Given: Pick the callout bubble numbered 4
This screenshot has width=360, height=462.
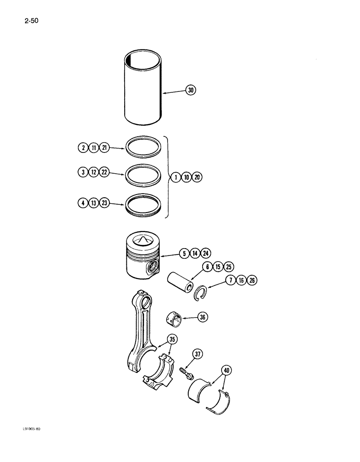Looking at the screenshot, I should pos(82,202).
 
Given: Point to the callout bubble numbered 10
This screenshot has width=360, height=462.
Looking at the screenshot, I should pos(187,177).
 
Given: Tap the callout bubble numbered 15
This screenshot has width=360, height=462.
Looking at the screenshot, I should pos(218,267).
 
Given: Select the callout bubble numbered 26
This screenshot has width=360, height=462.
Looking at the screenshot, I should pos(252,280).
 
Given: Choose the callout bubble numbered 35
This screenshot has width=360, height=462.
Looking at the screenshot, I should pos(172,339).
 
